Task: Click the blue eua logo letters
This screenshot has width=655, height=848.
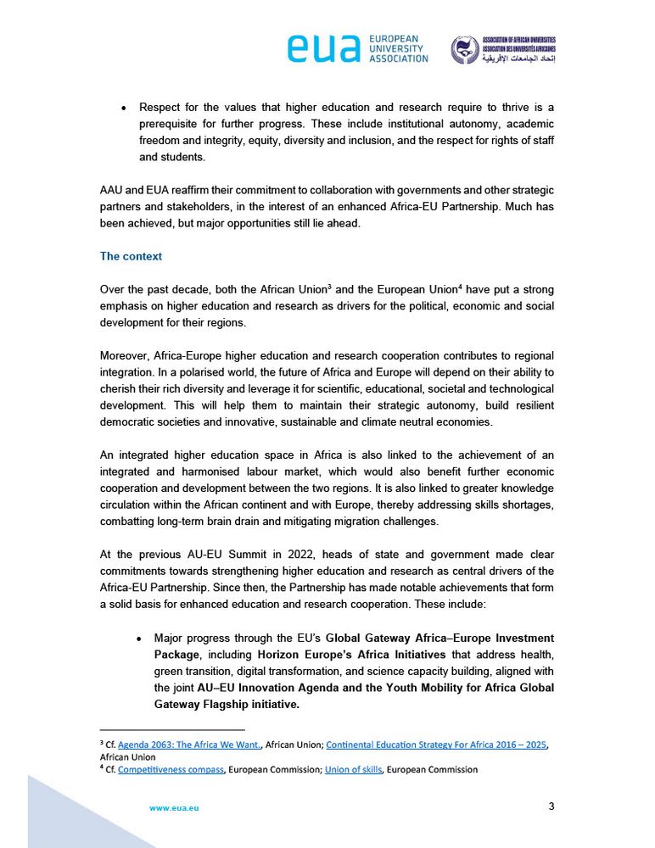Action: (325, 49)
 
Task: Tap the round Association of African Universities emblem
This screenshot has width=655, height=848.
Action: (463, 49)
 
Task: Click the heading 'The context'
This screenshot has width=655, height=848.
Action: (131, 256)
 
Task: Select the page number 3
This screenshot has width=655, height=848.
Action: (551, 806)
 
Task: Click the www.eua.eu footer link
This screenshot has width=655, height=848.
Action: (174, 808)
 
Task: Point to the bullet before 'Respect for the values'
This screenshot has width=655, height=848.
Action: (123, 109)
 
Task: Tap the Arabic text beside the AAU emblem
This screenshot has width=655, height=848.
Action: (518, 62)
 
